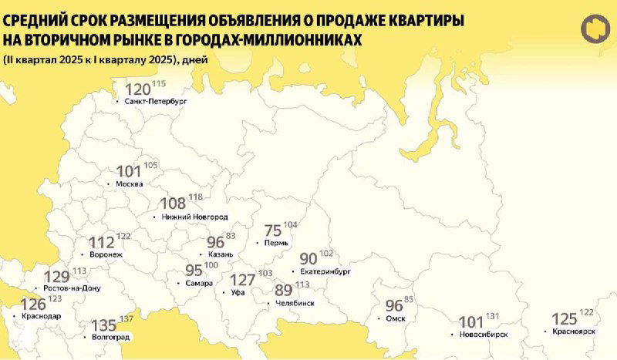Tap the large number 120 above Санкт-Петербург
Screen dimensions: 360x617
[138, 89]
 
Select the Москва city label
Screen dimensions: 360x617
[129, 184]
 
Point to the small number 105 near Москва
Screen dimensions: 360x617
[150, 166]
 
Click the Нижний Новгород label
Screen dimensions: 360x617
[195, 217]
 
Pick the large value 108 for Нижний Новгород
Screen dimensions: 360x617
[173, 204]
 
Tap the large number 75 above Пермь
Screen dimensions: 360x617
[273, 230]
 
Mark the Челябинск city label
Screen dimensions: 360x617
[294, 304]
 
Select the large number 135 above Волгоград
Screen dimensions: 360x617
[104, 325]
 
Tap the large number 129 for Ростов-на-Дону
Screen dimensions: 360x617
[57, 277]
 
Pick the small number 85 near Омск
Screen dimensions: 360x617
[409, 300]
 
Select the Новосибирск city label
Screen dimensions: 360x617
[483, 335]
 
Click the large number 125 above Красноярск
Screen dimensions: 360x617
[565, 318]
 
